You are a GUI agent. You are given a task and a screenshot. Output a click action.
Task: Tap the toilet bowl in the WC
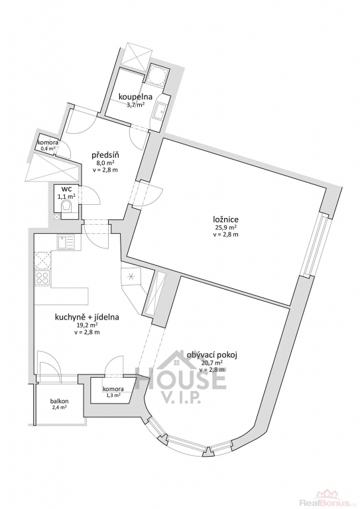(x=67, y=206)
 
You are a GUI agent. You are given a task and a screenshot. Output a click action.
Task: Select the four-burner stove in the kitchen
(x=42, y=278)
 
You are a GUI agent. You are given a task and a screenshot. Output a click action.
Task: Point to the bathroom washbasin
(x=160, y=111)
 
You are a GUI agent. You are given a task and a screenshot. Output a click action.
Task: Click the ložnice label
(x=224, y=220)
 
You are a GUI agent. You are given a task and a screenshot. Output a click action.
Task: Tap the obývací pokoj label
(x=212, y=355)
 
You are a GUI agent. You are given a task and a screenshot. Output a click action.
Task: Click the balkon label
(x=60, y=401)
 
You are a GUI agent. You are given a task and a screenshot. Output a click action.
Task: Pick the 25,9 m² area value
(x=224, y=227)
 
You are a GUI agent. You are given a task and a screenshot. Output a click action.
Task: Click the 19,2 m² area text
(x=87, y=325)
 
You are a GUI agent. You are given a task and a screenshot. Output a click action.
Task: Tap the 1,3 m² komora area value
(x=113, y=395)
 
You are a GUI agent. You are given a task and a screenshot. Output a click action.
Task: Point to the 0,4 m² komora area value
(x=48, y=148)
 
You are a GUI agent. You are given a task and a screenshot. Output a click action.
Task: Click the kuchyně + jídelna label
(x=87, y=317)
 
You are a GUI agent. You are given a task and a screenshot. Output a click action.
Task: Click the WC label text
(x=68, y=190)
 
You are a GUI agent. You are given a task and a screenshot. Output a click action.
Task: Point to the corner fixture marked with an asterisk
(x=131, y=276)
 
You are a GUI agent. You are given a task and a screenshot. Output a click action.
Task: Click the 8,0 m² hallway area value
(x=102, y=163)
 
